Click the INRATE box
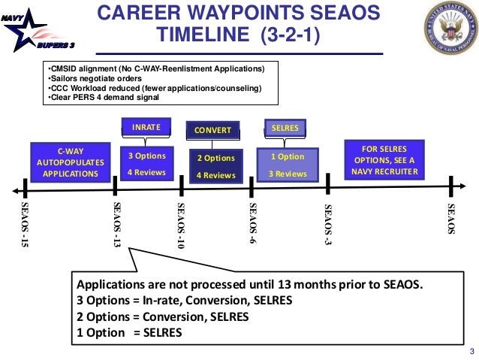coord(146,127)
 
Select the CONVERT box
coord(212,131)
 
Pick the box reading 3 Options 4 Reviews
coord(146,165)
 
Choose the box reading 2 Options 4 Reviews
coord(215,166)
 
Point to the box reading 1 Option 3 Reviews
coord(288,165)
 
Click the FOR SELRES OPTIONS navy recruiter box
coord(383,159)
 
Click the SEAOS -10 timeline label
coord(180,225)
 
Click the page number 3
coord(471,352)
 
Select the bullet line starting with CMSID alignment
coord(156,69)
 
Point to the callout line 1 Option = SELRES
coord(129,332)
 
